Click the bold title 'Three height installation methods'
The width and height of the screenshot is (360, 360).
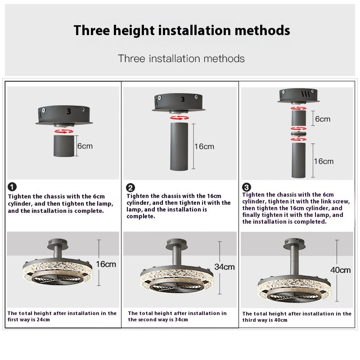(182, 31)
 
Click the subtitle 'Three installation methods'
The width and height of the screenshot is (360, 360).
(181, 58)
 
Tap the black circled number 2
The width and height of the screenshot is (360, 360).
(130, 188)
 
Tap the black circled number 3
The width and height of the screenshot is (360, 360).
(247, 187)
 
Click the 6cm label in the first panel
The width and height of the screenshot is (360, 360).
(85, 146)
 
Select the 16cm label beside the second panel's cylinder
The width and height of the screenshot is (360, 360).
(204, 146)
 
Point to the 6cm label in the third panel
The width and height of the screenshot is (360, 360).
(322, 119)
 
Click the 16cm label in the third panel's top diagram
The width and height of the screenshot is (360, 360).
(323, 161)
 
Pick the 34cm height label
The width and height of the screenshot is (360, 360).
(224, 267)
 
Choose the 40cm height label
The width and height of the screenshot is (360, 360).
(340, 270)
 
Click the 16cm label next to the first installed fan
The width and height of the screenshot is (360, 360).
(106, 264)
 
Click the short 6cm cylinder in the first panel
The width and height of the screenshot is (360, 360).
(63, 146)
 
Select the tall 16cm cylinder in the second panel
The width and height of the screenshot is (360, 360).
(179, 147)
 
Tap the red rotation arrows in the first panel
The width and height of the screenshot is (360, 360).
(63, 131)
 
